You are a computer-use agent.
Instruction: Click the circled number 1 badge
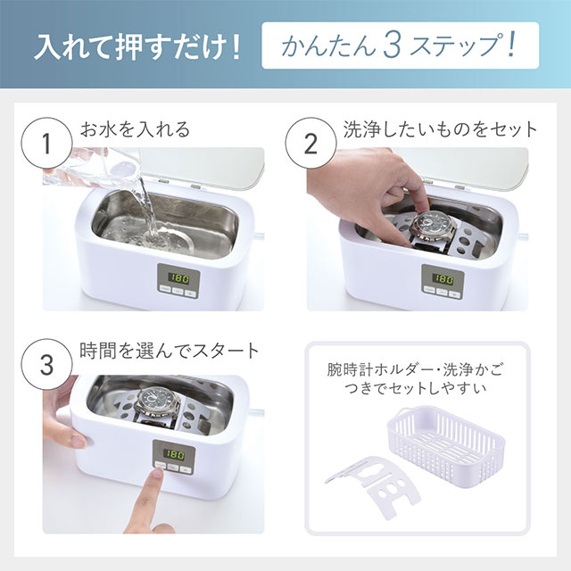[46, 143]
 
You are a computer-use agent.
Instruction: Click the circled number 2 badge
[310, 143]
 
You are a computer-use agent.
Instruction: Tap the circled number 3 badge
[46, 364]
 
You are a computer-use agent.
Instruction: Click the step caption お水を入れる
[135, 129]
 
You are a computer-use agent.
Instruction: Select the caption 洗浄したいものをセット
[440, 129]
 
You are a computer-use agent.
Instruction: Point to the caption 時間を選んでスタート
[170, 351]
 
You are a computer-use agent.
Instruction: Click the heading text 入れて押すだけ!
[137, 46]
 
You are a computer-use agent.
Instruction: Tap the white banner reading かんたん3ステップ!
[401, 46]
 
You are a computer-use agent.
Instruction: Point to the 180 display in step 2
[443, 279]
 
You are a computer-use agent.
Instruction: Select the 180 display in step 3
[174, 454]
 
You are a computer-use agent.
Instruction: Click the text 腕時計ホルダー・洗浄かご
[415, 370]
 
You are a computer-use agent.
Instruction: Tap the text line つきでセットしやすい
[415, 388]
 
